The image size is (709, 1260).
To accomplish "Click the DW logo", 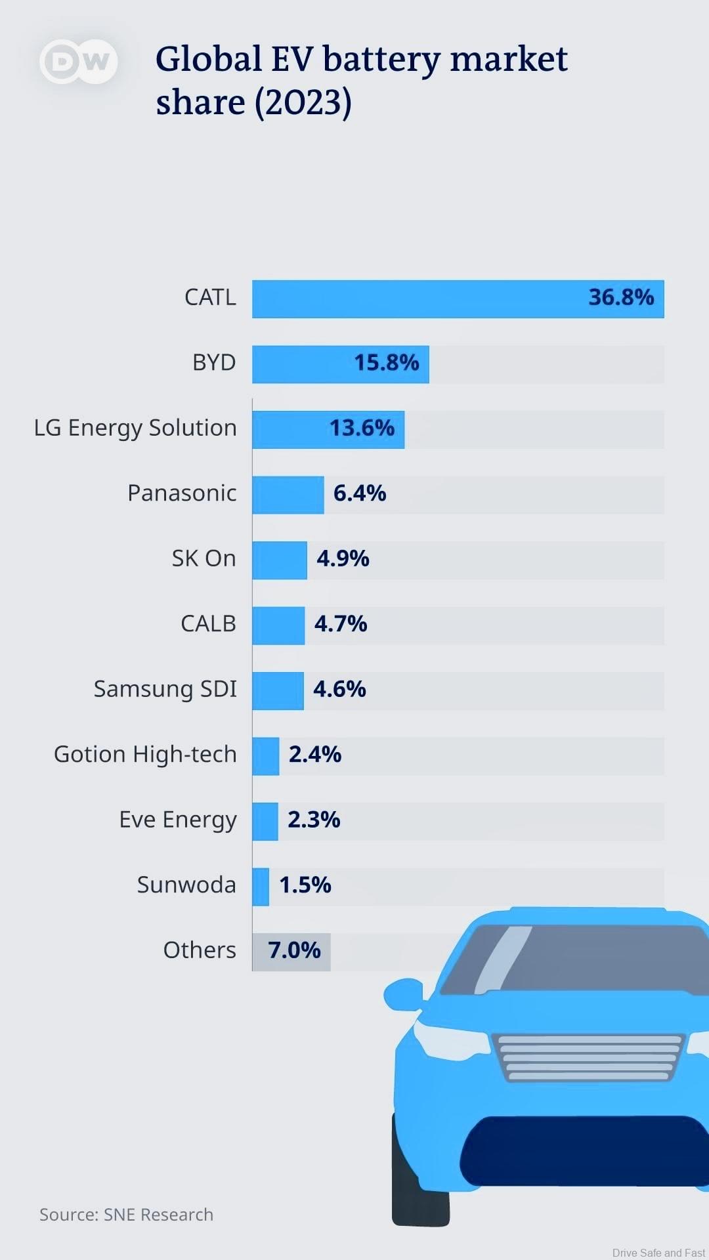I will (79, 62).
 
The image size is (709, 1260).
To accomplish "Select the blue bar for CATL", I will (420, 299).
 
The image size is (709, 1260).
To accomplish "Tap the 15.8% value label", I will (386, 363).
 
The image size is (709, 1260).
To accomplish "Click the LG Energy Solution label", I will (135, 428).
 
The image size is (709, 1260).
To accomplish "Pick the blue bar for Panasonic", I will (288, 494).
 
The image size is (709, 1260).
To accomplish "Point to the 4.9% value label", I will (343, 558).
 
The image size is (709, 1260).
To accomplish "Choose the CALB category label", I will (208, 623).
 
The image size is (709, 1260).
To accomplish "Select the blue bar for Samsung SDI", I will (278, 690).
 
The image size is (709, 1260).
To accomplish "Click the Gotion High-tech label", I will (145, 755).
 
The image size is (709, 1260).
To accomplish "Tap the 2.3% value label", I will (314, 820).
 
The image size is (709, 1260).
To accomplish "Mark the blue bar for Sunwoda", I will (261, 887).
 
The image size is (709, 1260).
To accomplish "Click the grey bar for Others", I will (291, 952).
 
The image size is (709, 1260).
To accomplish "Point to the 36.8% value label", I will (621, 297).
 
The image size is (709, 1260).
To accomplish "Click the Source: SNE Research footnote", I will (126, 1215).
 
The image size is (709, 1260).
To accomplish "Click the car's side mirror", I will (403, 994).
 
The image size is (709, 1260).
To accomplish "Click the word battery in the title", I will (381, 60).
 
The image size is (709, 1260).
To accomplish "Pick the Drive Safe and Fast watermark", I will (658, 1253).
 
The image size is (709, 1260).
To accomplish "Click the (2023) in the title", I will (303, 103).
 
